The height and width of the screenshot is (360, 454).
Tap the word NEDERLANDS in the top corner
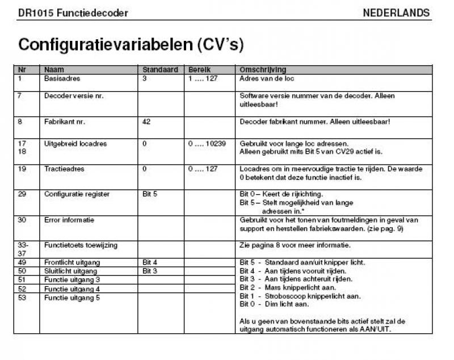[396, 12]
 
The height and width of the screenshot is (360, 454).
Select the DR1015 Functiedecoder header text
[73, 12]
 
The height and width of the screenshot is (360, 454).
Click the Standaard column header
[160, 70]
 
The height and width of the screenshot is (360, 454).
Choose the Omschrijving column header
[263, 70]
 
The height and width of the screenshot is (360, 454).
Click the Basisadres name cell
[62, 78]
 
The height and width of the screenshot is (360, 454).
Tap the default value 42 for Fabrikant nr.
[147, 122]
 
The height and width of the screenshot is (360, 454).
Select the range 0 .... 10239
[207, 144]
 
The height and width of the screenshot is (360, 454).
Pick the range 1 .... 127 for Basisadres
[203, 78]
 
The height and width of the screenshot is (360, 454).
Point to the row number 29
[22, 194]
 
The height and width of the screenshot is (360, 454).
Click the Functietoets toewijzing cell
[80, 245]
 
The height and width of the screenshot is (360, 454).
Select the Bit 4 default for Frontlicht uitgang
[150, 262]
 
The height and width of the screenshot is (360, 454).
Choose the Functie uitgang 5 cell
[72, 297]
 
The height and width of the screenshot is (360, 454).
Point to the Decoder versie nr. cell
[74, 96]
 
